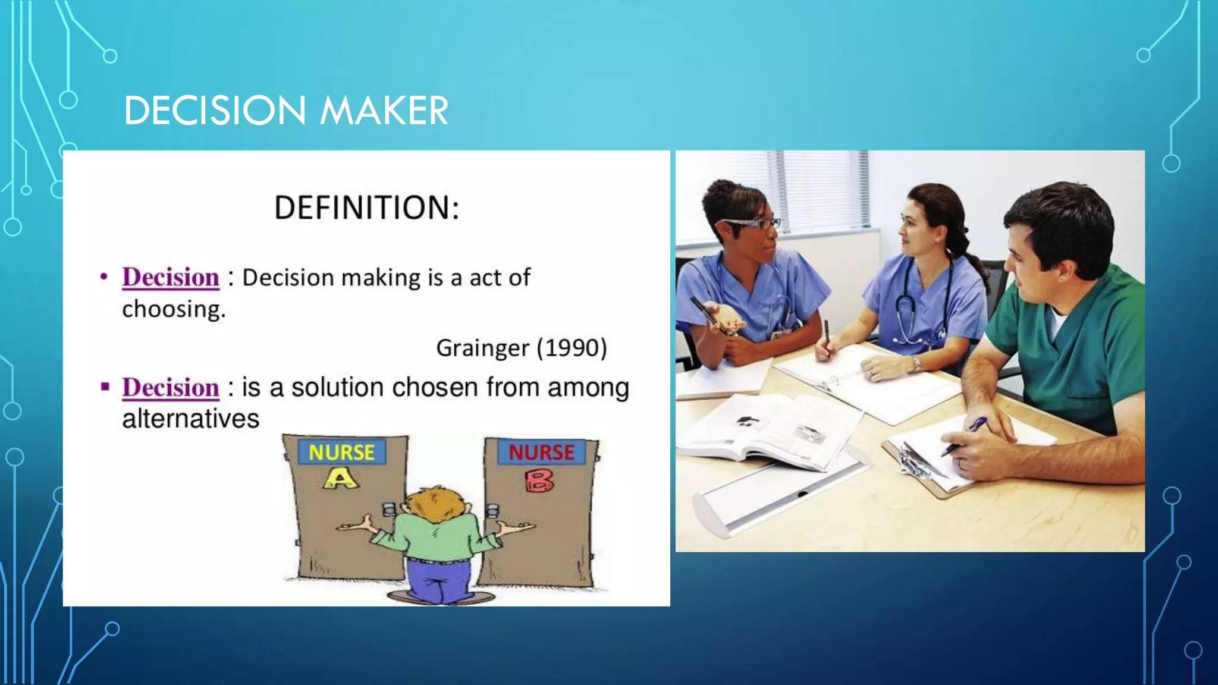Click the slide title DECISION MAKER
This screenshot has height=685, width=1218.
click(x=286, y=111)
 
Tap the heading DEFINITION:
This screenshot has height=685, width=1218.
click(x=366, y=208)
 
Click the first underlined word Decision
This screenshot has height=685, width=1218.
click(x=171, y=278)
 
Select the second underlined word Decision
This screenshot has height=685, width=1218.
click(x=171, y=388)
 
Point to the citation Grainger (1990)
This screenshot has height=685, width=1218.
click(x=522, y=348)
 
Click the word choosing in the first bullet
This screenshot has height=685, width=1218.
click(x=174, y=309)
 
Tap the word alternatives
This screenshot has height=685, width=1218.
click(x=191, y=419)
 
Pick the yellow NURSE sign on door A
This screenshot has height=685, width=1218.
click(x=341, y=453)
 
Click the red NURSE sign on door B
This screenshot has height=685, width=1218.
click(x=541, y=453)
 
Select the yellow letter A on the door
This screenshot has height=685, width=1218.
click(x=341, y=478)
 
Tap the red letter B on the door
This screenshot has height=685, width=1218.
click(x=539, y=480)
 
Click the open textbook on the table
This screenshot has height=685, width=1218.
click(x=767, y=434)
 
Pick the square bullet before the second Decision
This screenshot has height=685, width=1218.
click(x=105, y=387)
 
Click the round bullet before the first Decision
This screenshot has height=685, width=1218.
click(x=104, y=277)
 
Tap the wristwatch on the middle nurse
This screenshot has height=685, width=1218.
click(x=916, y=363)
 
